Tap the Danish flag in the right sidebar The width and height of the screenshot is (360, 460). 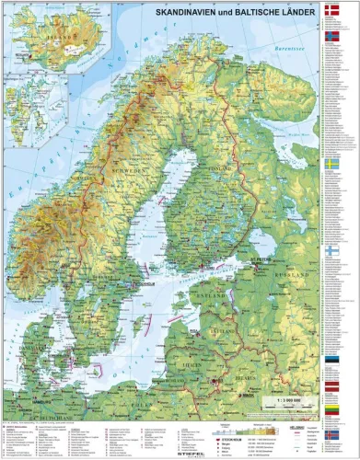click(x=334, y=11)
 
